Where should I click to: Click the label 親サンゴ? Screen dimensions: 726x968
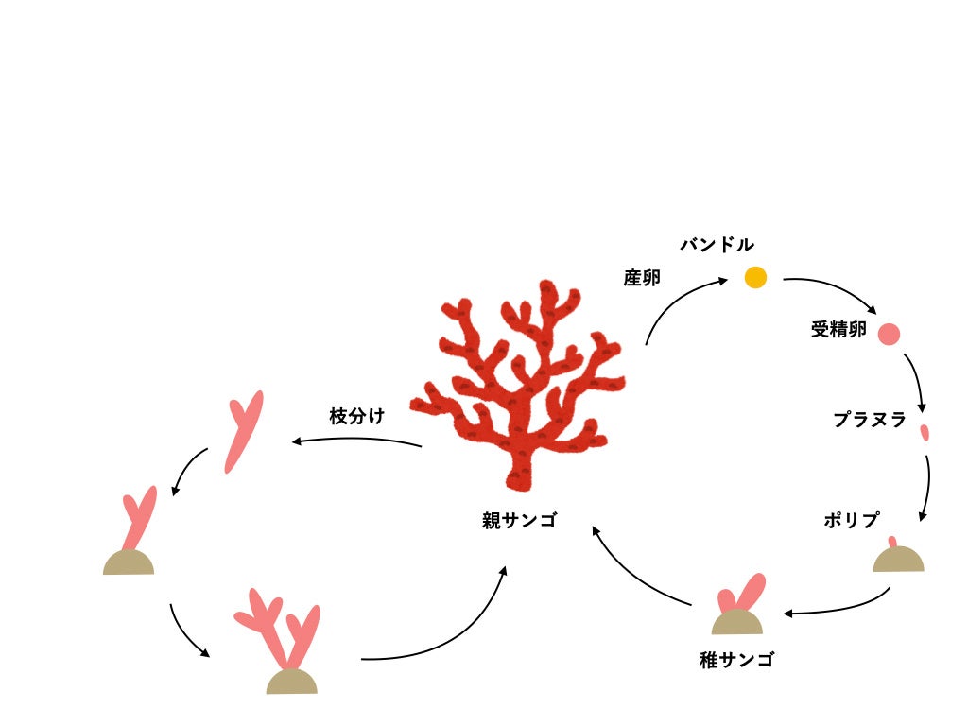tap(519, 520)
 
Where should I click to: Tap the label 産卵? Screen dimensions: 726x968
tap(642, 278)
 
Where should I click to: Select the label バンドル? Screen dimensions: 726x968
tap(717, 245)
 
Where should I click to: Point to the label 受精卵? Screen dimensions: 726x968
tap(838, 331)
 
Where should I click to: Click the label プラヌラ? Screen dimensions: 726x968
tap(870, 420)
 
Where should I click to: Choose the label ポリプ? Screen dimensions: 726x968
tap(851, 520)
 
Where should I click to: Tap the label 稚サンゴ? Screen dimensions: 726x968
tap(736, 660)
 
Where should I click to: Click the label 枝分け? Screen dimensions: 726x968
tap(356, 416)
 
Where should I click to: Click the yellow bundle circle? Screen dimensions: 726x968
tap(755, 277)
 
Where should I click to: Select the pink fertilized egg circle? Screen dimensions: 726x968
tap(889, 334)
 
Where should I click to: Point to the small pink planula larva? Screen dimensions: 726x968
tap(925, 433)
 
